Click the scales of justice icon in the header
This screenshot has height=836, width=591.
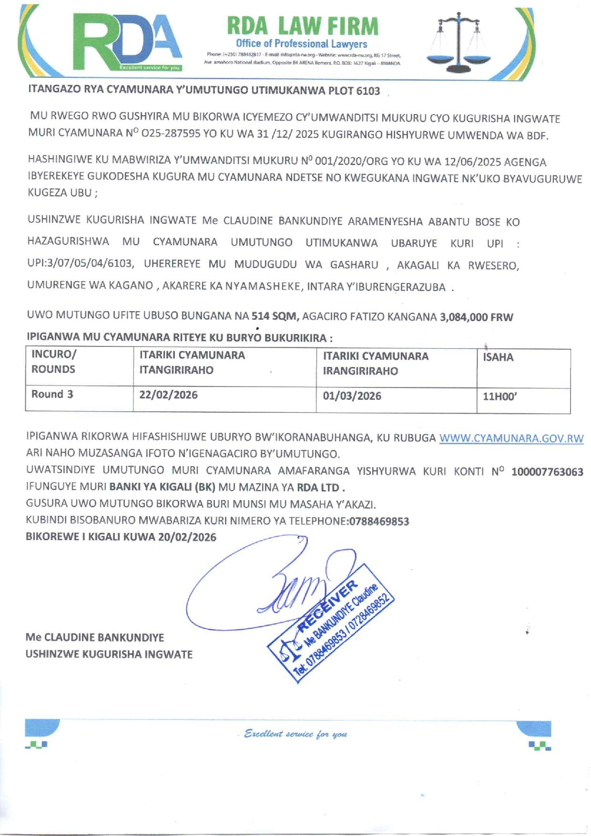click(x=458, y=41)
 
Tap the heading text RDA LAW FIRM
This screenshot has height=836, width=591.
click(x=302, y=26)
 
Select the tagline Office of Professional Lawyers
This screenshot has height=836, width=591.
click(x=301, y=44)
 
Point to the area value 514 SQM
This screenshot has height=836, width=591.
click(x=275, y=316)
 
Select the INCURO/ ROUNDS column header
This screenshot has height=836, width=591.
click(x=53, y=362)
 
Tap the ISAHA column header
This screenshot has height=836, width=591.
click(x=498, y=357)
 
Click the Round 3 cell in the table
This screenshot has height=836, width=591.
click(x=52, y=394)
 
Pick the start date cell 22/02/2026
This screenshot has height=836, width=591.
click(x=168, y=395)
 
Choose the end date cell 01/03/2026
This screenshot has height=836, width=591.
click(x=352, y=396)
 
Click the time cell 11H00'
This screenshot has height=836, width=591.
click(x=499, y=397)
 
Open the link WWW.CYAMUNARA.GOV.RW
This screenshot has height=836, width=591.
click(x=511, y=439)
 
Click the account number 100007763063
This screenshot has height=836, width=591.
click(x=547, y=472)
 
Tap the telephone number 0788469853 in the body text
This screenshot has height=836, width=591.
click(x=379, y=521)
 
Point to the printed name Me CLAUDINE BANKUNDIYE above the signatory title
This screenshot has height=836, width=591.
click(x=95, y=637)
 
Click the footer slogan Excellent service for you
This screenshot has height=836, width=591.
click(x=295, y=734)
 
